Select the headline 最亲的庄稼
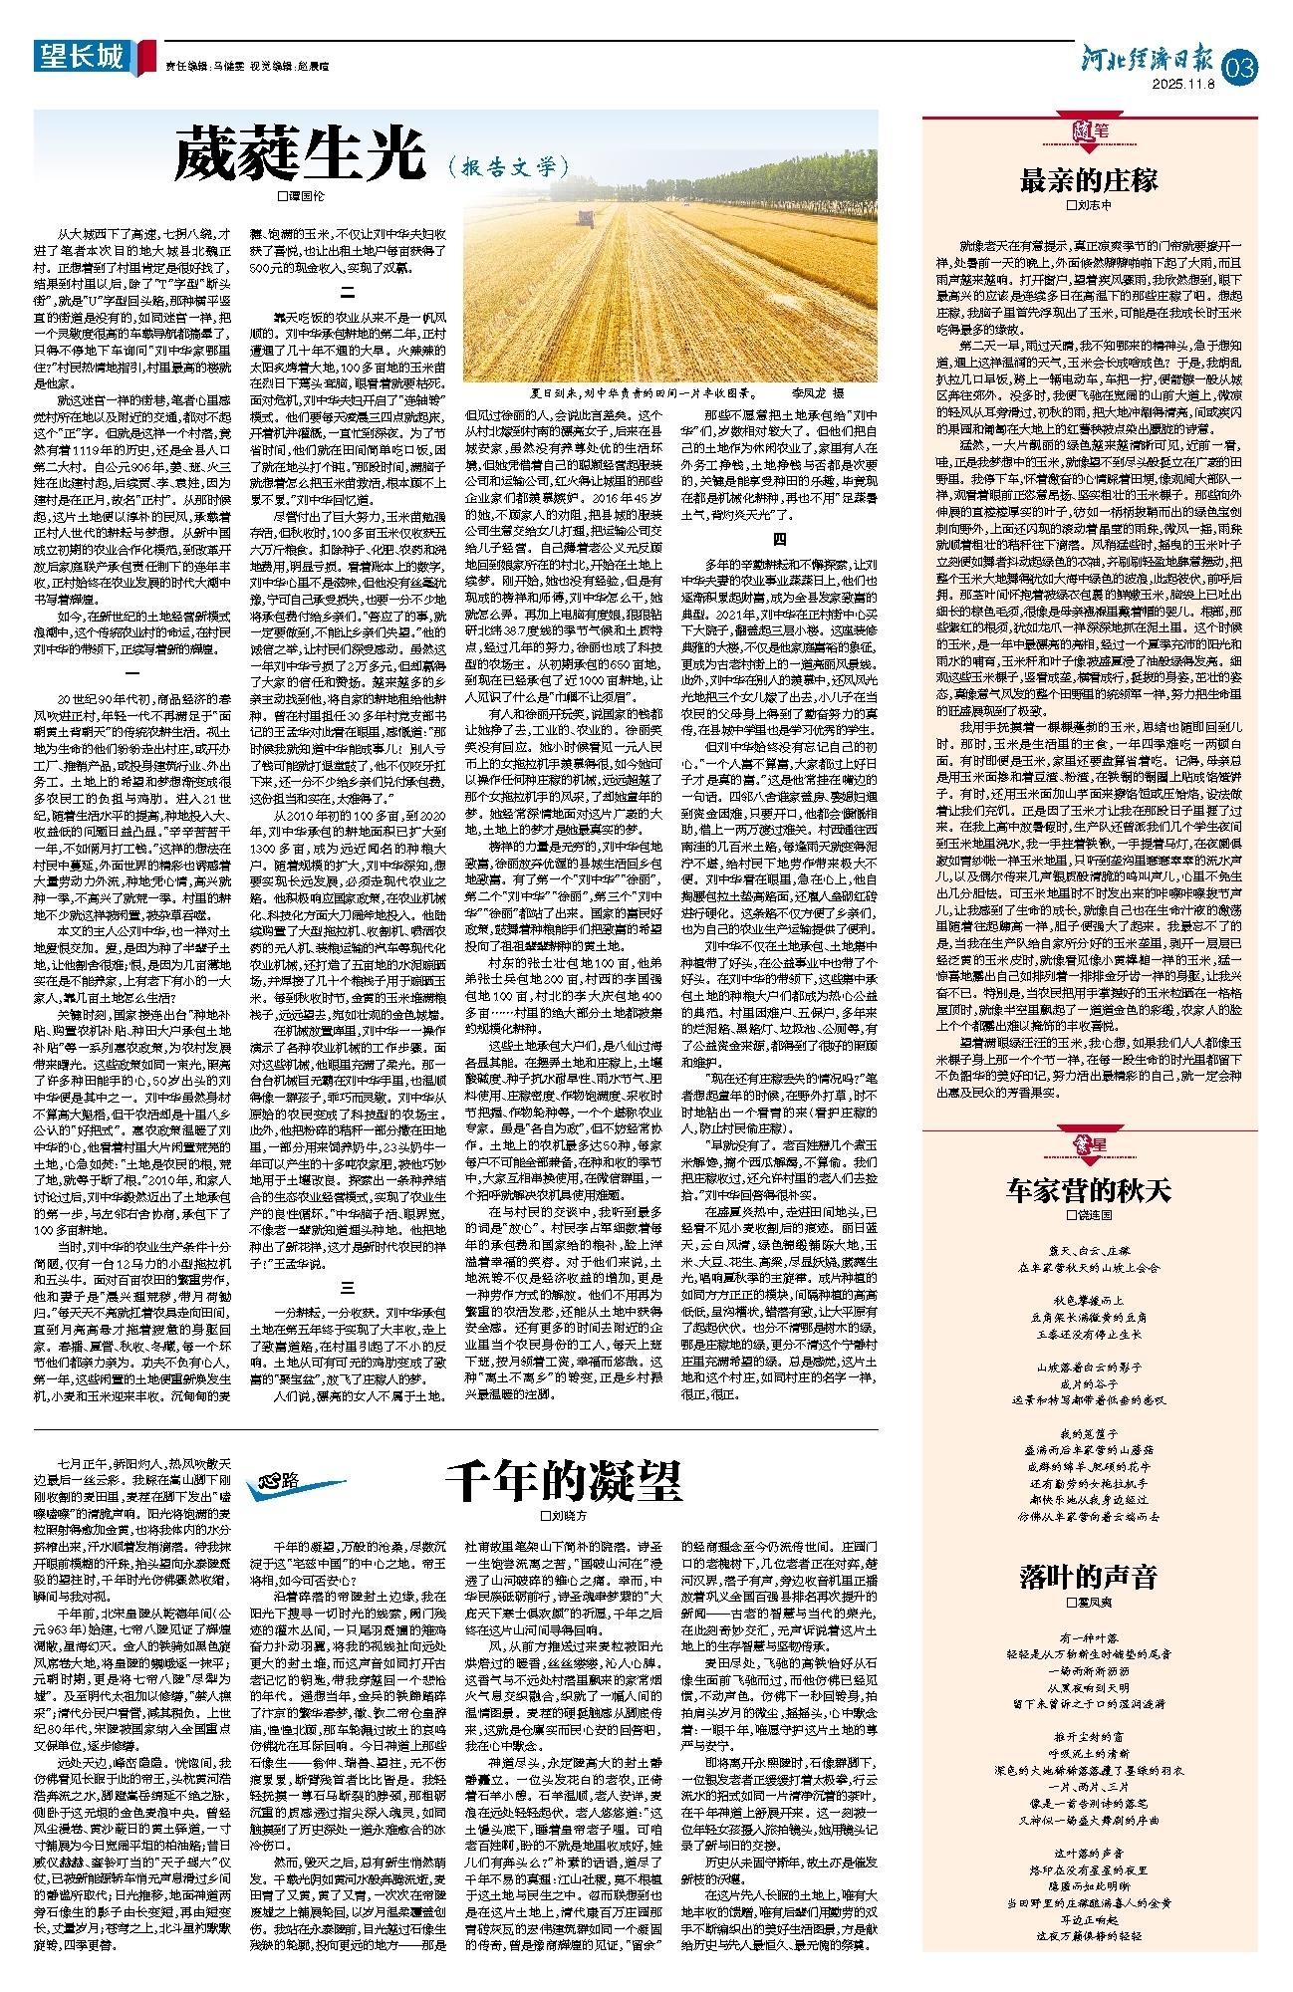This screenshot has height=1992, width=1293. click(1088, 180)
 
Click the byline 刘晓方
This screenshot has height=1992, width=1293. click(564, 1516)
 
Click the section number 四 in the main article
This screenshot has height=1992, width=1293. click(780, 540)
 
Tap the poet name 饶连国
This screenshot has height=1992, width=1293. click(1088, 1215)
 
